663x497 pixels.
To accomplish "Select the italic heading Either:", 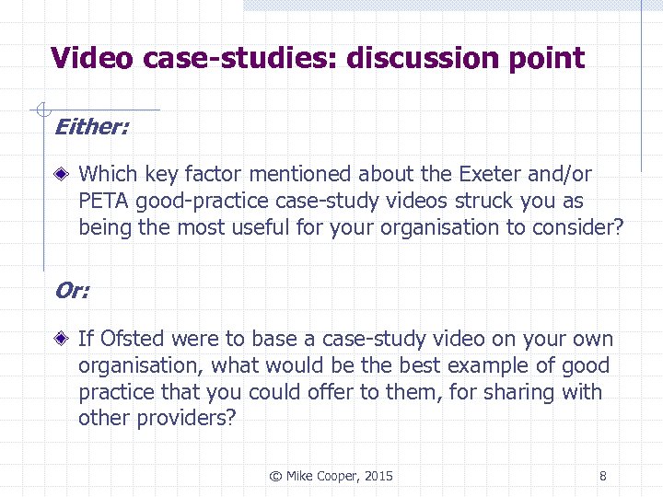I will (x=92, y=127).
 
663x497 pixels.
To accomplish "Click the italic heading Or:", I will (x=72, y=291).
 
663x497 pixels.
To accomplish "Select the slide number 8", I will (x=602, y=476).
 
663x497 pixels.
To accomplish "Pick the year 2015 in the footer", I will (x=378, y=476).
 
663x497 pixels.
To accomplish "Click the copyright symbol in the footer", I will (x=274, y=476).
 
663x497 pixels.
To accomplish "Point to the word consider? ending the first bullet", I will (x=577, y=227).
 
